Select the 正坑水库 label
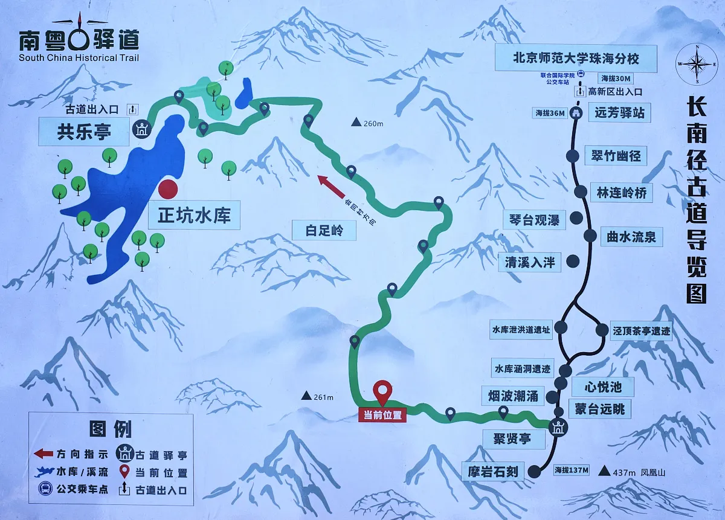pyautogui.click(x=194, y=216)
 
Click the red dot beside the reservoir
pyautogui.click(x=168, y=189)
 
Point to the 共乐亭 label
pyautogui.click(x=84, y=132)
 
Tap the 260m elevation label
pyautogui.click(x=368, y=124)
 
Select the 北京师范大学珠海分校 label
pyautogui.click(x=575, y=59)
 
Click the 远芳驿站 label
pyautogui.click(x=619, y=112)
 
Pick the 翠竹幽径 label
pyautogui.click(x=616, y=156)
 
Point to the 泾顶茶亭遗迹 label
pyautogui.click(x=642, y=330)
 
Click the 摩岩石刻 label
pyautogui.click(x=493, y=471)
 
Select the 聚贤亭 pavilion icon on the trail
pyautogui.click(x=557, y=426)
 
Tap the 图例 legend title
pyautogui.click(x=111, y=429)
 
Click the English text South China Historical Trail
pyautogui.click(x=79, y=58)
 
